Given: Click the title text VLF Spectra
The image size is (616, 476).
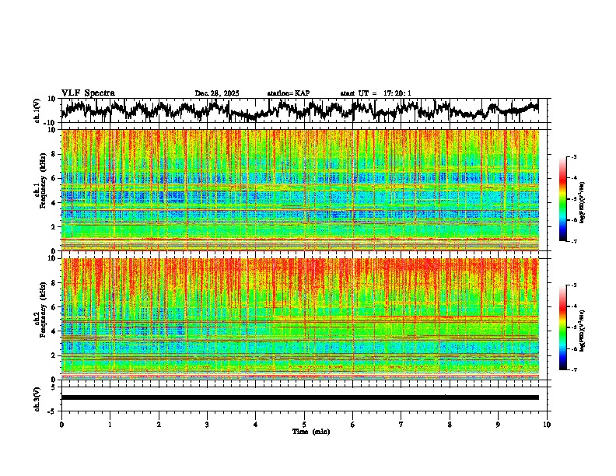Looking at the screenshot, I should [x=88, y=93].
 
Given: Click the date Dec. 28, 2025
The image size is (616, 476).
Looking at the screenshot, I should [x=217, y=93].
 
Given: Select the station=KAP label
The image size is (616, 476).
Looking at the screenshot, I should [x=288, y=93].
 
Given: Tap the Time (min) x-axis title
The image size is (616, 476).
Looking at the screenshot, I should [x=310, y=431].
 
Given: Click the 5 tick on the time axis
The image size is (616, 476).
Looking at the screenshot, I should [x=304, y=424].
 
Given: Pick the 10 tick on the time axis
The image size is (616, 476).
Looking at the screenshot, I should [x=547, y=424].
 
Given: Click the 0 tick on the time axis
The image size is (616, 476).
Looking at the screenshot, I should [x=61, y=424].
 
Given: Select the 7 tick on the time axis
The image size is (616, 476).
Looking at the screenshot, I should [x=401, y=424].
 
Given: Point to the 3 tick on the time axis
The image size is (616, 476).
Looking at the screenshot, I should [x=207, y=424].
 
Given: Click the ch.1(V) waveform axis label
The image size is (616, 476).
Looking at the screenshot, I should [x=37, y=110].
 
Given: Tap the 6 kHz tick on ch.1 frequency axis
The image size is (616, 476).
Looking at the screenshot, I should [x=54, y=178].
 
